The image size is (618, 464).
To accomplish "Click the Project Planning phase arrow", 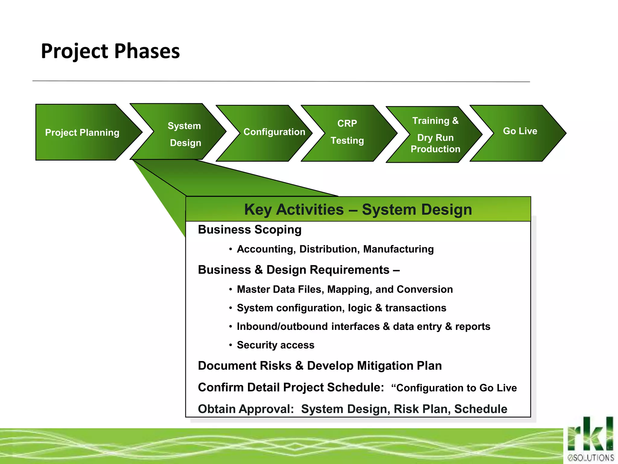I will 82,132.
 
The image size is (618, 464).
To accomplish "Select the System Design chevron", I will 184,134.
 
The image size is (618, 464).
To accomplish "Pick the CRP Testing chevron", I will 347,132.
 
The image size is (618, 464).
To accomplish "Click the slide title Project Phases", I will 110,51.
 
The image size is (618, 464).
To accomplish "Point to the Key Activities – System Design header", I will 358,209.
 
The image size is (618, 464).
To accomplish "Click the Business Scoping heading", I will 250,230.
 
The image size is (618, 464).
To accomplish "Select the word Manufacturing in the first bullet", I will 398,249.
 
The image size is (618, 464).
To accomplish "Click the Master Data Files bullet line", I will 345,289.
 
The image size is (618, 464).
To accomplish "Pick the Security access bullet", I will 275,345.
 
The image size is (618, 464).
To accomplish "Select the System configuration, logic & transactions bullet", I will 341,308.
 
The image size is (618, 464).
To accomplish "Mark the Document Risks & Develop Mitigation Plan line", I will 320,366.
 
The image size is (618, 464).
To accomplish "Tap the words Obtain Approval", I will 246,409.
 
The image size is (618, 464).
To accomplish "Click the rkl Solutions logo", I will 590,440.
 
